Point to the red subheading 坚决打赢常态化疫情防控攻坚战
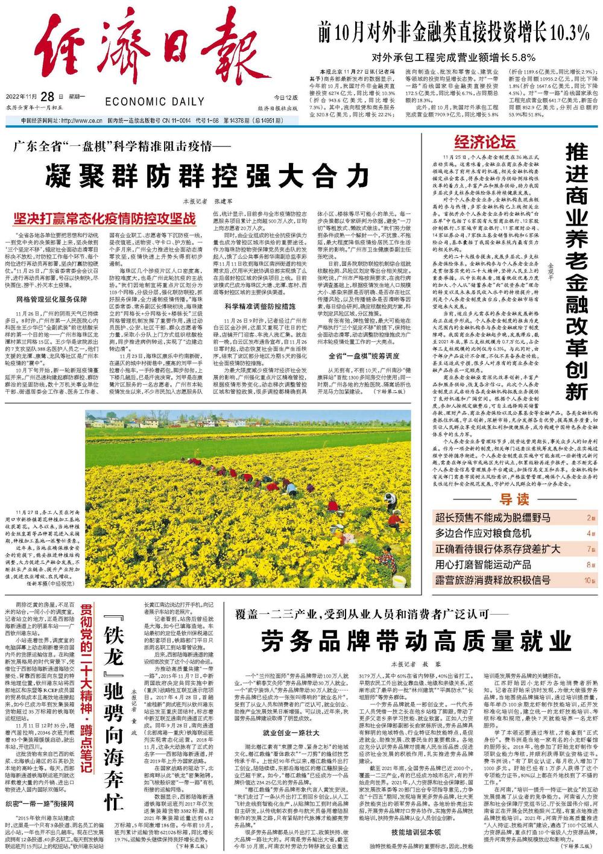point(105,218)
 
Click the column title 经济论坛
point(485,142)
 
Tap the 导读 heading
point(514,500)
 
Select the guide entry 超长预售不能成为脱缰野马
point(493,518)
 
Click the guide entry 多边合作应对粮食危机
point(483,534)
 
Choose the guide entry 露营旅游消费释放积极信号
point(493,580)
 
